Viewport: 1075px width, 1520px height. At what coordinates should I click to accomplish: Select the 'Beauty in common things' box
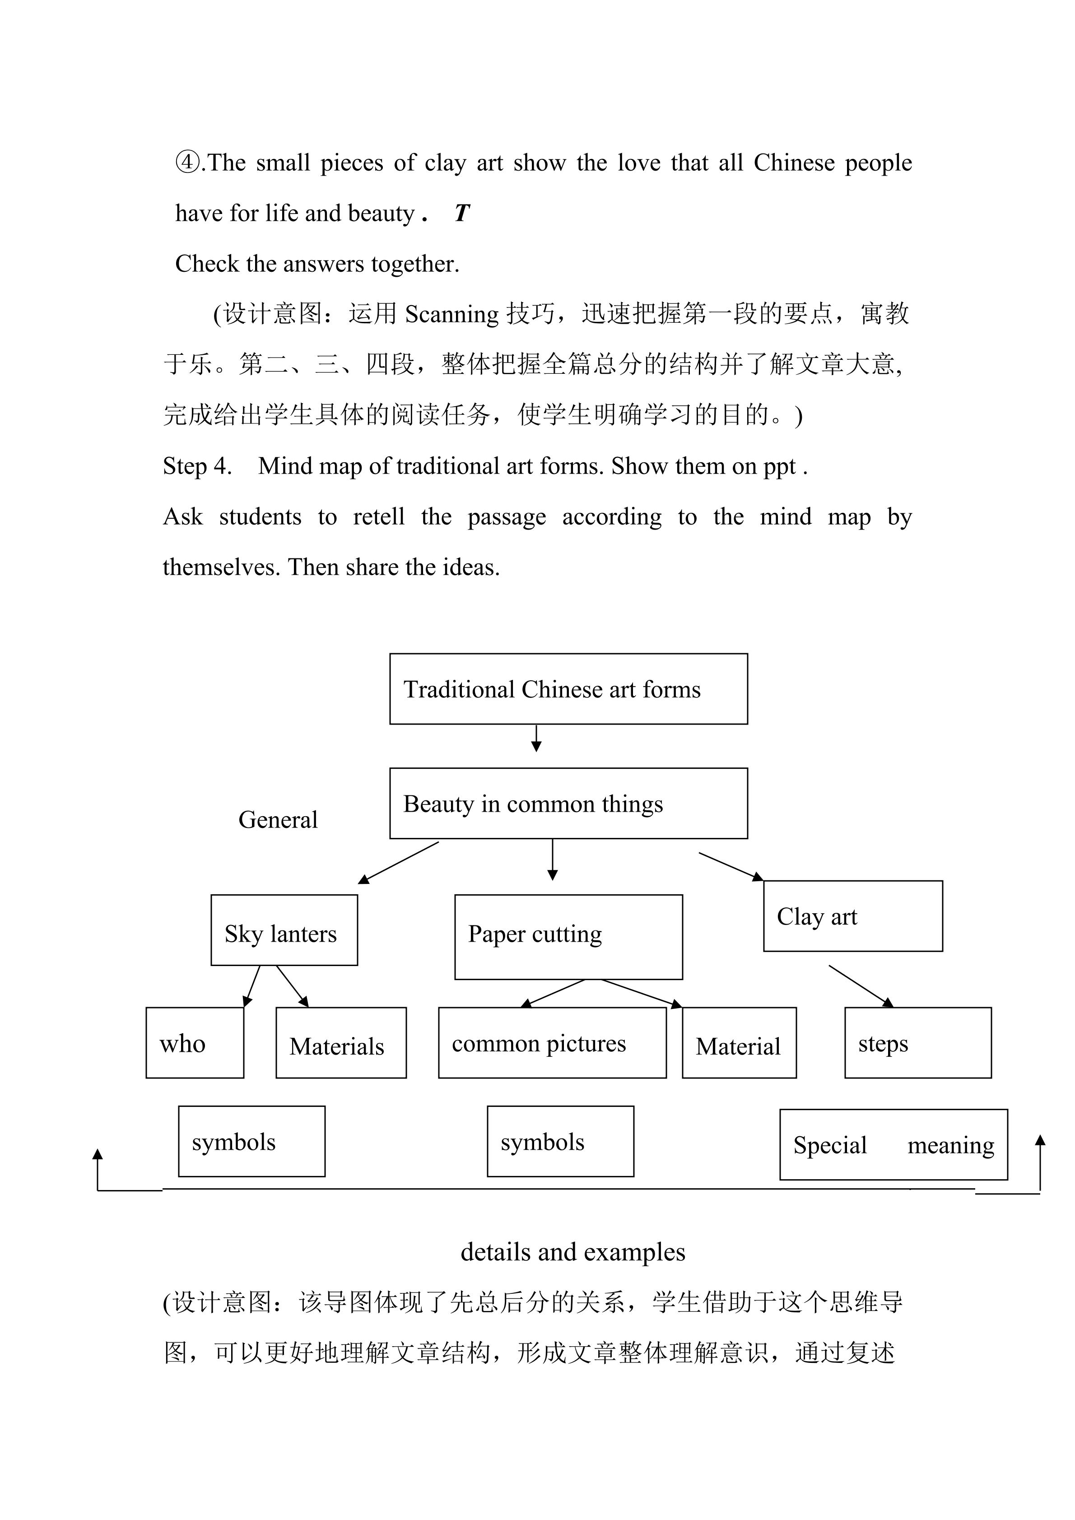[568, 803]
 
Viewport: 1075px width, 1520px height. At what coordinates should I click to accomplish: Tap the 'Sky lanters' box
[284, 930]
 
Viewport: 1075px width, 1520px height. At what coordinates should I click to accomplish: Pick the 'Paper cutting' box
[568, 936]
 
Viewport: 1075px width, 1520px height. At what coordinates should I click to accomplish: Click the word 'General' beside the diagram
[278, 819]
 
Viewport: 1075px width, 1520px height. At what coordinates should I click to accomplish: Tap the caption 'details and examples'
[572, 1252]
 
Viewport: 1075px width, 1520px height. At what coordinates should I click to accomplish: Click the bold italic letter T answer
[461, 213]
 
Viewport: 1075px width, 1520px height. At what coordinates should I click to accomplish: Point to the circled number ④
[187, 162]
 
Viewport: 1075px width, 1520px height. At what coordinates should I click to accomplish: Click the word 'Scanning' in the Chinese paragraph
[451, 314]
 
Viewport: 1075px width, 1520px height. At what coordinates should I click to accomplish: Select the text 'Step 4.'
[197, 466]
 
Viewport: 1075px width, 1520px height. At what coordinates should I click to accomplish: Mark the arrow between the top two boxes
[536, 738]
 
